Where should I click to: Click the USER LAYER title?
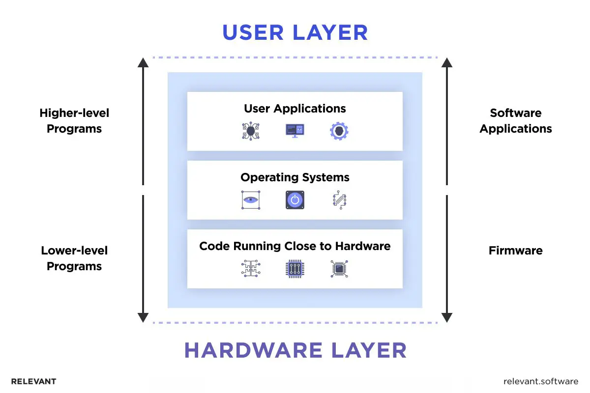(295, 32)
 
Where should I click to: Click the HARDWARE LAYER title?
(295, 350)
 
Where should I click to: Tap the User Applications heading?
(295, 109)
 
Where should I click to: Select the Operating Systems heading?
(295, 177)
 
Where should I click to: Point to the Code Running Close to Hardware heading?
(295, 246)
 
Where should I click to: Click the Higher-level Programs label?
(74, 121)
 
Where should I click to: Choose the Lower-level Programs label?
(74, 258)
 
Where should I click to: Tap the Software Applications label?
(516, 121)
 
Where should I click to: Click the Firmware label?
(516, 251)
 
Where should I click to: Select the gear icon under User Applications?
(339, 131)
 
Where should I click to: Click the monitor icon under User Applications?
(295, 131)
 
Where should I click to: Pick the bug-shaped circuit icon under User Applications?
(251, 131)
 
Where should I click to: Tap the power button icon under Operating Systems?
(295, 200)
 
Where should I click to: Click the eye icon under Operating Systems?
(251, 200)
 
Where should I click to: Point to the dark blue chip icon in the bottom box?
(295, 269)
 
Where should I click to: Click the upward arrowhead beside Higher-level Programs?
(143, 62)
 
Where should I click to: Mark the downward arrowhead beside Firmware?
(446, 317)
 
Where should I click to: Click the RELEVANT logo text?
(33, 381)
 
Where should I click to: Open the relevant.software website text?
(541, 381)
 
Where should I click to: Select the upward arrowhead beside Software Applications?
(446, 62)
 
